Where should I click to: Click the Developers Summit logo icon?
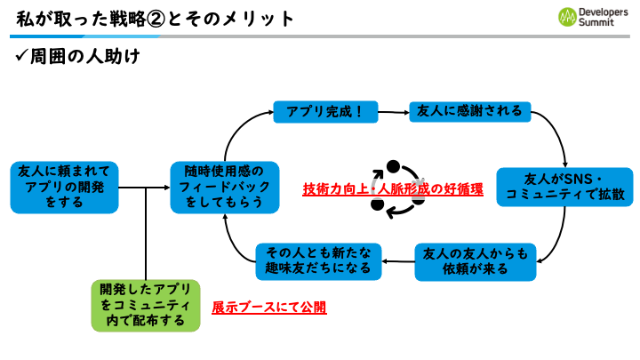pyautogui.click(x=567, y=17)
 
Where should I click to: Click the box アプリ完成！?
pyautogui.click(x=325, y=112)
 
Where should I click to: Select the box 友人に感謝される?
pyautogui.click(x=470, y=111)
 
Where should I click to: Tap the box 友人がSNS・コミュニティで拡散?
pyautogui.click(x=564, y=187)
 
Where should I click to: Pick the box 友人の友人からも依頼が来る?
pyautogui.click(x=475, y=262)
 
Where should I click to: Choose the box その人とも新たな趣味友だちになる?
pyautogui.click(x=318, y=261)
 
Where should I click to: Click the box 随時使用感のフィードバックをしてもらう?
pyautogui.click(x=225, y=188)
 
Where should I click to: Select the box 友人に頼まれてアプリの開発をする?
pyautogui.click(x=64, y=188)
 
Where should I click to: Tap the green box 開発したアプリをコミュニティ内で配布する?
pyautogui.click(x=146, y=306)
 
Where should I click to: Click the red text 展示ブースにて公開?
pyautogui.click(x=269, y=308)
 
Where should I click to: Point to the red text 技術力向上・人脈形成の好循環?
pyautogui.click(x=393, y=189)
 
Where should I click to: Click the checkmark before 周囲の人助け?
pyautogui.click(x=20, y=55)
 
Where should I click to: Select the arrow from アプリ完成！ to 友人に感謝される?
pyautogui.click(x=394, y=112)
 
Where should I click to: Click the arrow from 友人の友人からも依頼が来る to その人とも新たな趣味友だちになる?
pyautogui.click(x=398, y=261)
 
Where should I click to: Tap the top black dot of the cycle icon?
pyautogui.click(x=393, y=166)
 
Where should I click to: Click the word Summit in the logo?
pyautogui.click(x=596, y=22)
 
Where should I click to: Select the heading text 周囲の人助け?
pyautogui.click(x=85, y=56)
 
